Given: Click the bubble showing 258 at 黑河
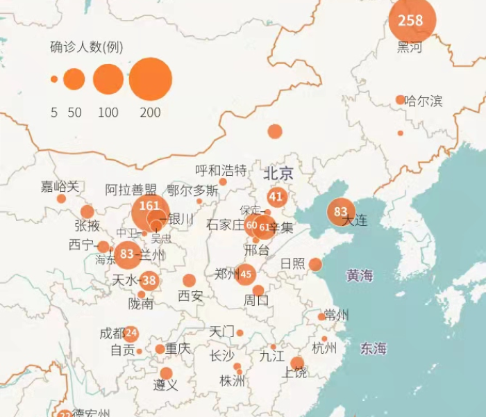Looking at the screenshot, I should point(411,20).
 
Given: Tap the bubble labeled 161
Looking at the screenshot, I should point(150,206).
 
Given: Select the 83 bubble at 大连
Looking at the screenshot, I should point(341,211).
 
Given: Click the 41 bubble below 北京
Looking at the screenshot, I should point(277,197).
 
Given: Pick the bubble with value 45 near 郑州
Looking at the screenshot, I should point(245,274).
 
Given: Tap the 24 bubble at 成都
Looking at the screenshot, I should point(131,333).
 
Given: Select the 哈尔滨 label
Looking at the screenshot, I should point(424,101).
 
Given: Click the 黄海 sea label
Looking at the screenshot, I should point(360,276).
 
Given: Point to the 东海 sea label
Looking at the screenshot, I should point(373,349).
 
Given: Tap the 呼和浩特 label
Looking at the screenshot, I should point(221,170).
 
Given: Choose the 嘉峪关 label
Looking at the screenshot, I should point(60,186).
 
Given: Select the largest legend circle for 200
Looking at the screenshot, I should point(150,79).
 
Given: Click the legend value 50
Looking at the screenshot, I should point(74,113).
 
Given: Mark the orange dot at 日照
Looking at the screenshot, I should point(315,264).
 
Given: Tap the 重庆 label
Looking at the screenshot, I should point(178,348).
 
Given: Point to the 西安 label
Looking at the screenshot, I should point(190,296).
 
